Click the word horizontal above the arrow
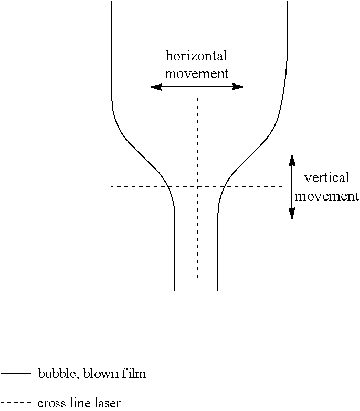coord(196,56)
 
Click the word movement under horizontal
coord(196,73)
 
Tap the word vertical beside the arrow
coord(327,178)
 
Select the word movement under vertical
coord(327,196)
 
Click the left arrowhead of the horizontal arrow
coord(156,87)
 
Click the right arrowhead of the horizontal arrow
coord(238,87)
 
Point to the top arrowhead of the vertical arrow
coord(292,161)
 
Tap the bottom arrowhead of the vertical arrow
coord(292,213)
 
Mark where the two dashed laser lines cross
coord(197,187)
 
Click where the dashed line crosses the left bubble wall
coord(168,187)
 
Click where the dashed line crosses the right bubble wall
coord(224,187)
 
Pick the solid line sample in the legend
coord(15,373)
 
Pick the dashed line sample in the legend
coord(15,403)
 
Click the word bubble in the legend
coord(58,374)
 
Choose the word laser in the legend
coord(106,403)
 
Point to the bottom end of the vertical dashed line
coord(197,277)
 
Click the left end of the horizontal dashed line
coord(111,187)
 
